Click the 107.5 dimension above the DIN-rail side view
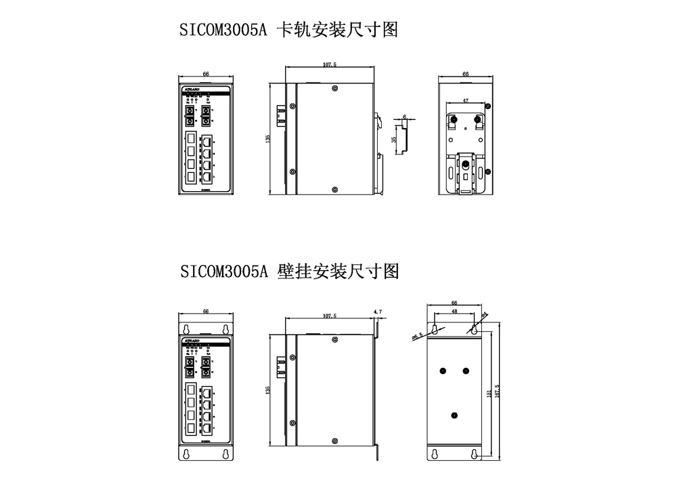330,64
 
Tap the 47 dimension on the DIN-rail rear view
465,100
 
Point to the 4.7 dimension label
378,311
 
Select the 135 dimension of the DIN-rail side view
269,138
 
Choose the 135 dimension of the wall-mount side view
269,390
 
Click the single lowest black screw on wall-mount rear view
454,415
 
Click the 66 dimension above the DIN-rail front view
205,73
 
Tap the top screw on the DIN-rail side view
334,88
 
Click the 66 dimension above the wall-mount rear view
454,304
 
